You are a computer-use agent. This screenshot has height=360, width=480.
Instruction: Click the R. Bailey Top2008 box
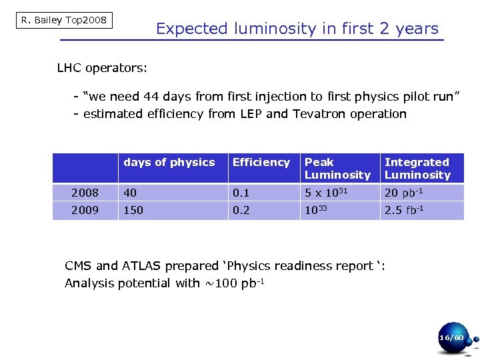point(64,21)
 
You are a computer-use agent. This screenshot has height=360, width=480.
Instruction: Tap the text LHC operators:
point(103,68)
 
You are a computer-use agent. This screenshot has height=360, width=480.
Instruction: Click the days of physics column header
point(169,162)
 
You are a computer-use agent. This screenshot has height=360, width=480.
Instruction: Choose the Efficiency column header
point(261,162)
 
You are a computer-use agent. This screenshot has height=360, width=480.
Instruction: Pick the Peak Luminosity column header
point(337,168)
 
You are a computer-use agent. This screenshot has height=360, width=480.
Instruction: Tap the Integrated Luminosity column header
point(417,168)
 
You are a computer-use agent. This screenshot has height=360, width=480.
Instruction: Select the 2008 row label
point(85,193)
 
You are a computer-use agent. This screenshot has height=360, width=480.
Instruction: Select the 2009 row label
point(85,210)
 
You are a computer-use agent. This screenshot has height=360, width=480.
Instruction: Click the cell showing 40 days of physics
point(131,193)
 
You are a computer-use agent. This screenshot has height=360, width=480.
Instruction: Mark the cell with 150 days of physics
point(133,210)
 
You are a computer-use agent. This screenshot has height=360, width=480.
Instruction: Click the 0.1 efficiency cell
point(241,193)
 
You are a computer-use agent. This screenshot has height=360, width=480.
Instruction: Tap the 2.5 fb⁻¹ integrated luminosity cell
point(405,210)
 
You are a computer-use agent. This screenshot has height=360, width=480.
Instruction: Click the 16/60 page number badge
point(451,338)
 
